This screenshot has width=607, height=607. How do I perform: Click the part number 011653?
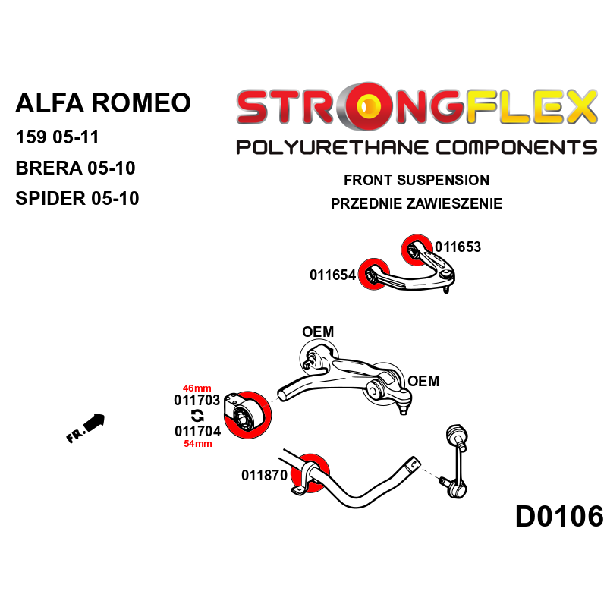point(458,247)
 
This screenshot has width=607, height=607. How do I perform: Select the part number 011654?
point(332,275)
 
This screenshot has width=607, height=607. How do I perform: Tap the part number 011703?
point(197,400)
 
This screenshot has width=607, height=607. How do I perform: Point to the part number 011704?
point(197,431)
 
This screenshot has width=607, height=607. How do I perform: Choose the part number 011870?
point(264,476)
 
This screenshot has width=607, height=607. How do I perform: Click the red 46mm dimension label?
point(197,387)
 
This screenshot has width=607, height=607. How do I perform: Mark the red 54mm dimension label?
point(197,444)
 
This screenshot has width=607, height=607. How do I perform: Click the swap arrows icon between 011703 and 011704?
point(197,415)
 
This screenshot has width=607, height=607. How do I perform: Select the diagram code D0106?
point(559,517)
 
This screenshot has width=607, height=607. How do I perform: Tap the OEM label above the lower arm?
point(317,332)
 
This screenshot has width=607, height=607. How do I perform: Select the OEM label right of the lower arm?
point(423,381)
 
